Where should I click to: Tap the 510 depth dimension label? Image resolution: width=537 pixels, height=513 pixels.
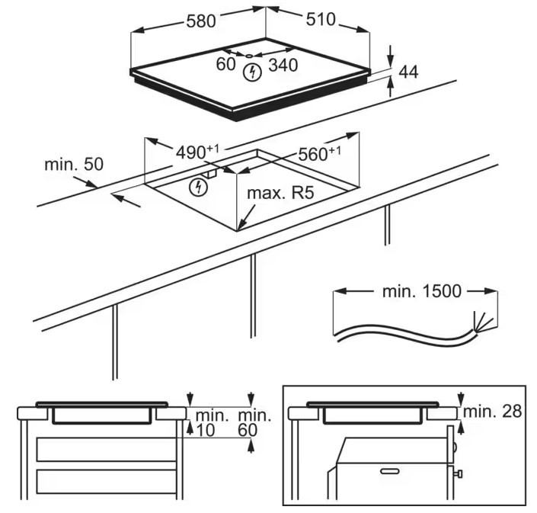pos(321,19)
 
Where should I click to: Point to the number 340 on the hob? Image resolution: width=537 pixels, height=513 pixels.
pos(283,65)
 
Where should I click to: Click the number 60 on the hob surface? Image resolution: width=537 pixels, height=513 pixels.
pos(225,65)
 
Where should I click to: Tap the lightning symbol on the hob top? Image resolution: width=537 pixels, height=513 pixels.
pos(251,73)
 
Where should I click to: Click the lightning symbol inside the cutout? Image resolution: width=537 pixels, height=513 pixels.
pos(200,186)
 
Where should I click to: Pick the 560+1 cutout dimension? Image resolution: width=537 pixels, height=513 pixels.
pos(319,153)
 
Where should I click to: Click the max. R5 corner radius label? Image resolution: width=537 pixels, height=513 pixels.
pos(280,194)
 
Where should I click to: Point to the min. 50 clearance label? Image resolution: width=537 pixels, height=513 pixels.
pos(73,164)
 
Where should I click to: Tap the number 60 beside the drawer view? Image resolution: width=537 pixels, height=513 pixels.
pos(248,430)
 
